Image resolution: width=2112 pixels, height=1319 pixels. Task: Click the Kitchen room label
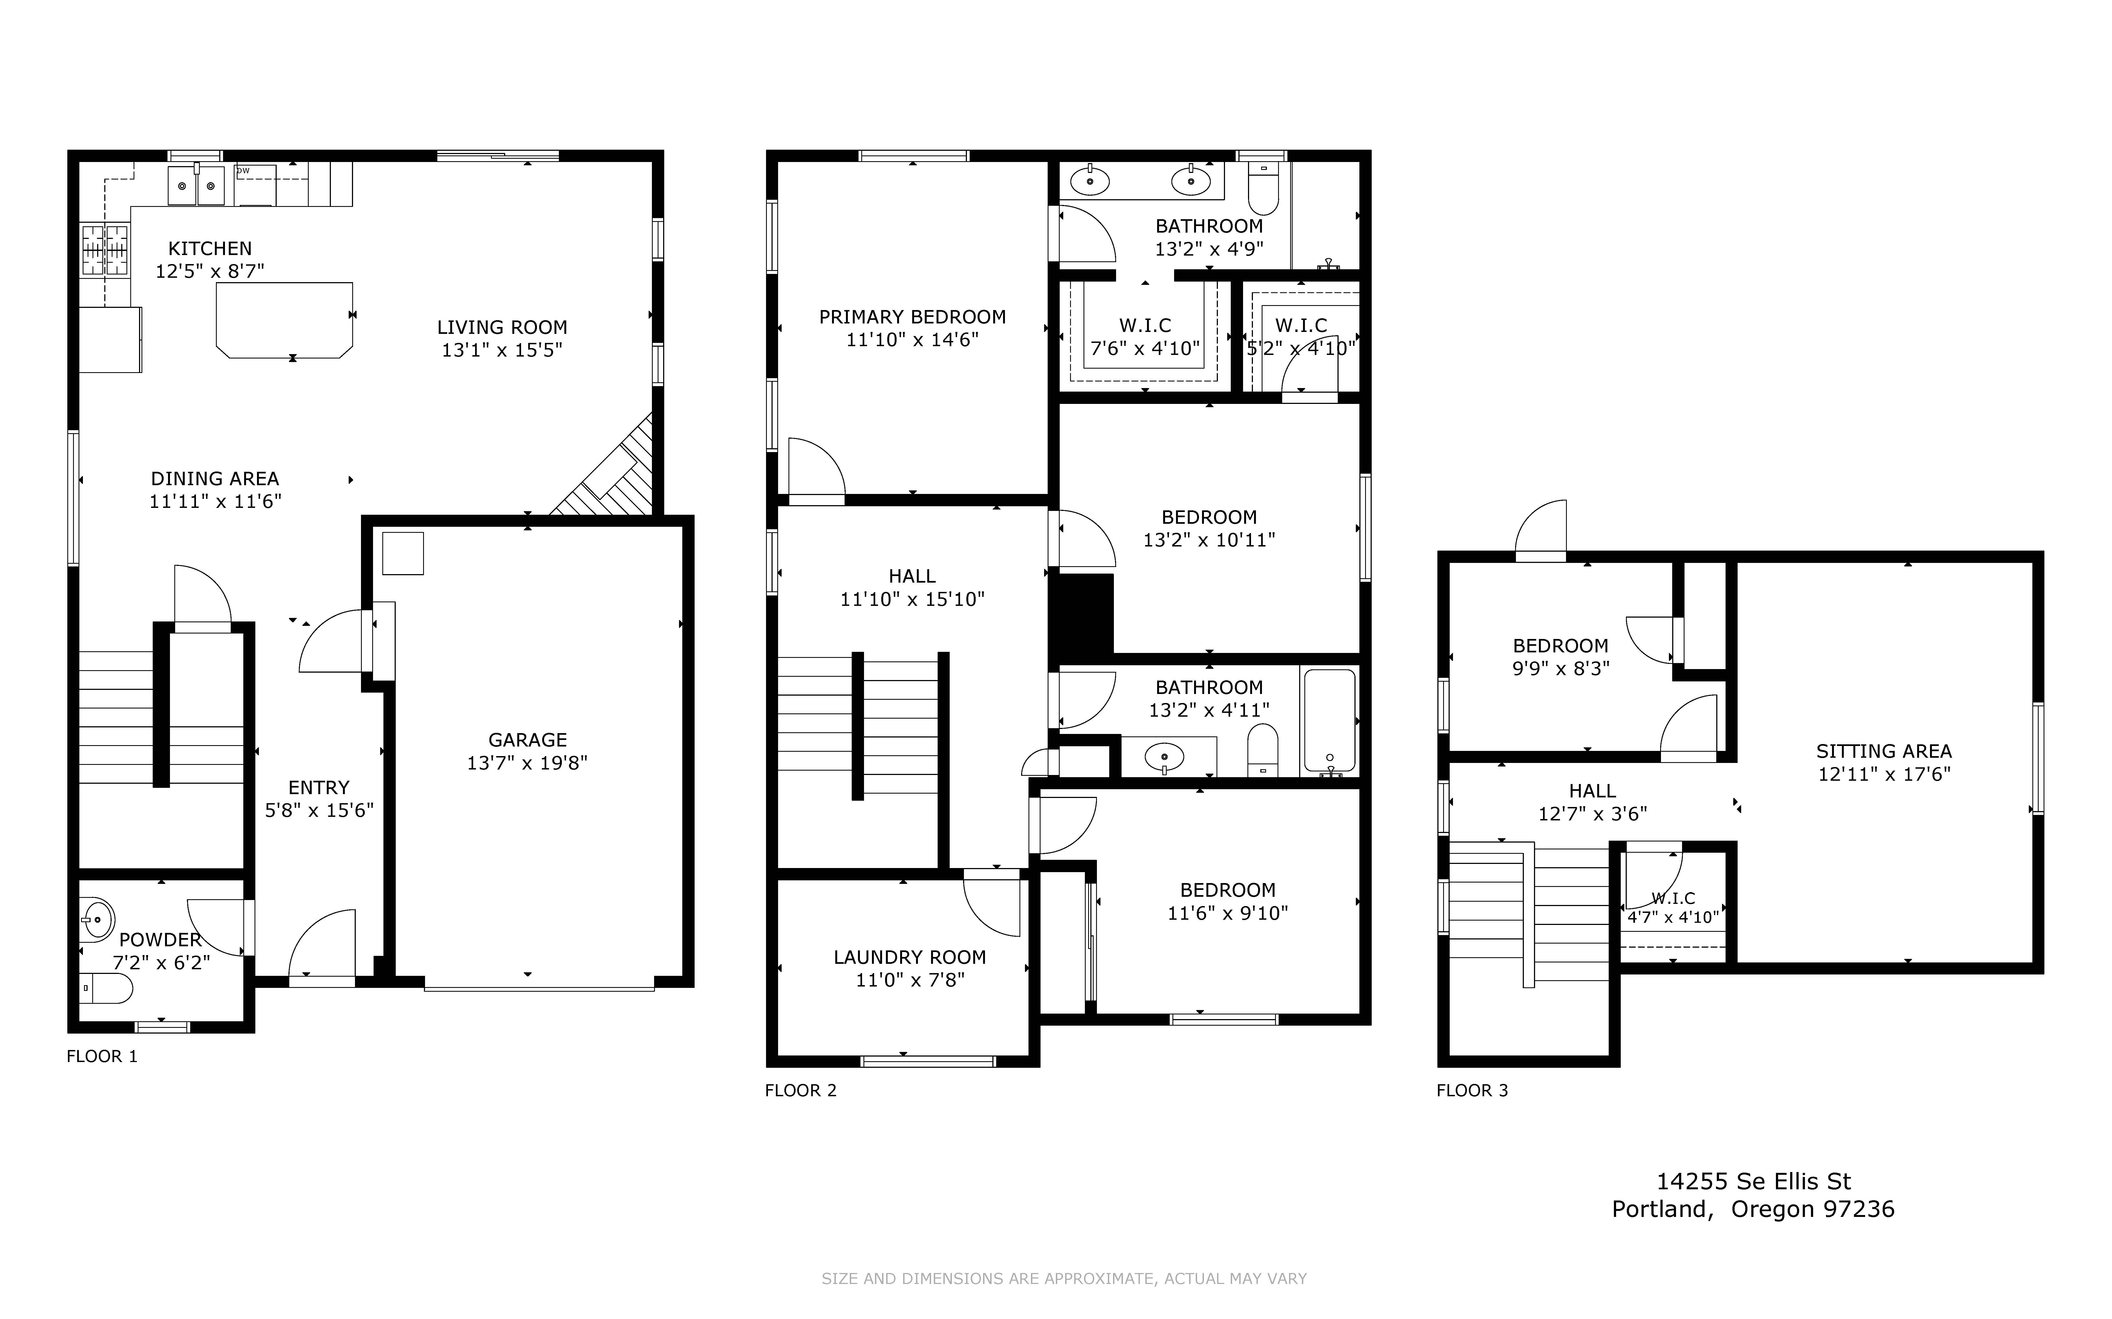tap(210, 249)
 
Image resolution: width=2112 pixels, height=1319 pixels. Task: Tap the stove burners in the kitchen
tap(105, 250)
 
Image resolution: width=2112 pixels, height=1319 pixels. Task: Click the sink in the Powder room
tap(96, 919)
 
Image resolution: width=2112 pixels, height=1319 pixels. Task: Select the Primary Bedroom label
tap(912, 317)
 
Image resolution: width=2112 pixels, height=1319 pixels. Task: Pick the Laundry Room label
tap(910, 957)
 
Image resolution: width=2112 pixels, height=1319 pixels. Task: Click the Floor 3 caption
tap(1473, 1091)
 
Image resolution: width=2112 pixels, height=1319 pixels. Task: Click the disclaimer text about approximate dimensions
tap(1064, 1279)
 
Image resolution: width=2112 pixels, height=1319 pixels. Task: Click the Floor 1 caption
tap(102, 1056)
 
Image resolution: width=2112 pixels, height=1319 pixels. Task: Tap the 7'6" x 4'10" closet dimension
tap(1145, 348)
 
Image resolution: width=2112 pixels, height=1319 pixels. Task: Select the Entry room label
tap(319, 788)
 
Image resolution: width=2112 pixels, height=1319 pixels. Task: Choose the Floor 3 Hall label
tap(1593, 791)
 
